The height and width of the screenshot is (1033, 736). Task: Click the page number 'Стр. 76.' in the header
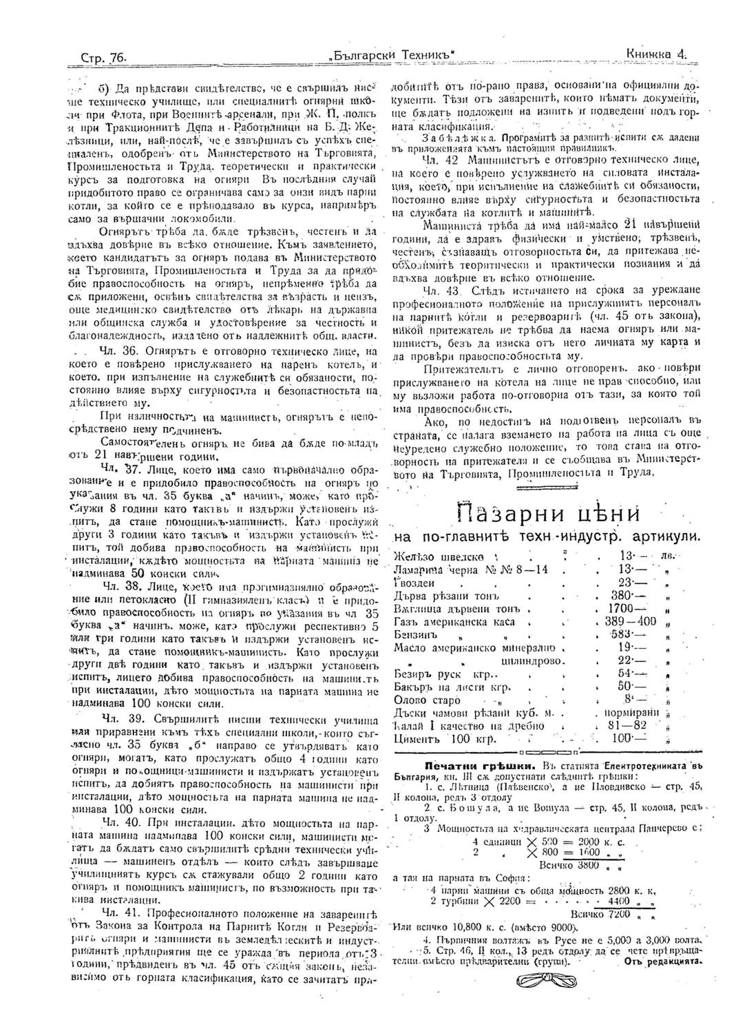100,54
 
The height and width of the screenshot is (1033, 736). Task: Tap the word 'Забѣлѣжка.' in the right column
445,136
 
